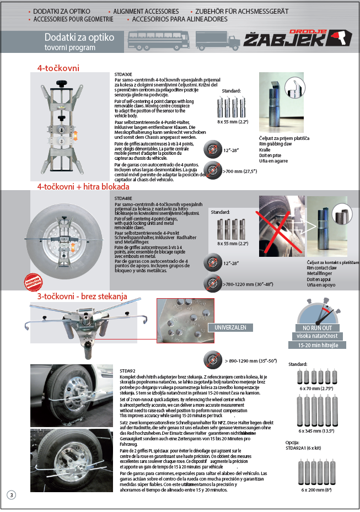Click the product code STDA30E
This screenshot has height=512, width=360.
[x=122, y=74]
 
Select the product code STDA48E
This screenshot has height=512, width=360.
[x=122, y=197]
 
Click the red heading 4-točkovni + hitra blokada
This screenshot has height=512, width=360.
[x=76, y=187]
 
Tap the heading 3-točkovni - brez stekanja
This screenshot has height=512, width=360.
[x=82, y=297]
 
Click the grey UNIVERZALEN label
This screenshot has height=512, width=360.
[x=230, y=327]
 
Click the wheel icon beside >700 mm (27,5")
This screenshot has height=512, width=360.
[x=212, y=170]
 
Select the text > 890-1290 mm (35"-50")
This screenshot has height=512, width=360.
[x=254, y=360]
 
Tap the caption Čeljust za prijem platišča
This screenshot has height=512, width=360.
[x=284, y=137]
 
